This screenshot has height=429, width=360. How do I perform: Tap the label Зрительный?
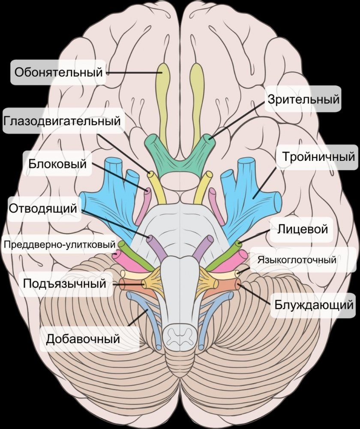pyautogui.click(x=303, y=100)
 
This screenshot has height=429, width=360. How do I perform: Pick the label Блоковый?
pyautogui.click(x=58, y=163)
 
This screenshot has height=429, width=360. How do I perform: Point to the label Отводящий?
pyautogui.click(x=42, y=209)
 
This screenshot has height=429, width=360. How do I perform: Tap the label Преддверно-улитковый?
pyautogui.click(x=60, y=245)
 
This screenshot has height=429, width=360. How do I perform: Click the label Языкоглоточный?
pyautogui.click(x=296, y=260)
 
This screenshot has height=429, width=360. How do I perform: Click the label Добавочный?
pyautogui.click(x=82, y=339)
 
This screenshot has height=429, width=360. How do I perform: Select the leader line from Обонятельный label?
pyautogui.click(x=133, y=73)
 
